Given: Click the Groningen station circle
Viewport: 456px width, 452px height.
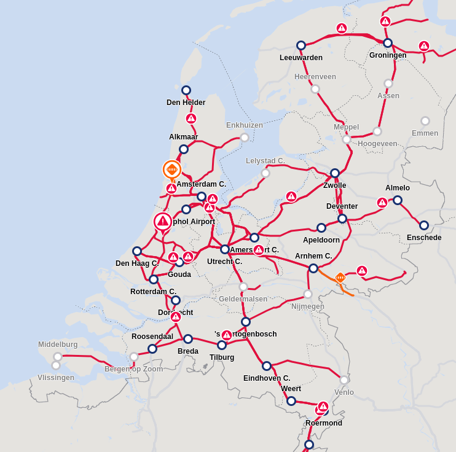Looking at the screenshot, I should (x=388, y=43).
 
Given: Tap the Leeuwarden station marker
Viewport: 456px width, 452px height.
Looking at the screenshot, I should (x=301, y=45).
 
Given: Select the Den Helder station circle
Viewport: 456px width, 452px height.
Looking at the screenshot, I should (x=186, y=90).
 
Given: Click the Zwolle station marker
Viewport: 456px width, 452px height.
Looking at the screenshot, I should (x=335, y=173).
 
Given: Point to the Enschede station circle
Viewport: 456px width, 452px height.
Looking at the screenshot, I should (x=424, y=225).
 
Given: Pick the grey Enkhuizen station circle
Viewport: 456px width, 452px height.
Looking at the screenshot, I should (x=245, y=138).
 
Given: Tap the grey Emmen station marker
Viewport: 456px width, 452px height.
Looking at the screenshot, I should (x=425, y=121).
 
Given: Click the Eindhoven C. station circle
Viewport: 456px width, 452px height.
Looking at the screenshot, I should (x=267, y=366).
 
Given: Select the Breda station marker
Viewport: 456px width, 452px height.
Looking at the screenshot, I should (x=188, y=339).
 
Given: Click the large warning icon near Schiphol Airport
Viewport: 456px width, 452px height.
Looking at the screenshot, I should (x=163, y=221).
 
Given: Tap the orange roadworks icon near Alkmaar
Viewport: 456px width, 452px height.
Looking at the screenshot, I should (x=172, y=169).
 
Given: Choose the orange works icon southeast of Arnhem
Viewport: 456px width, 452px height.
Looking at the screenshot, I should (x=340, y=278).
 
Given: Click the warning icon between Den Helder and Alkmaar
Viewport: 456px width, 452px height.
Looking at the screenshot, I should (x=191, y=119).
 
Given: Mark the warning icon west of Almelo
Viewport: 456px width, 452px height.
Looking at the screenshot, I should (x=382, y=203).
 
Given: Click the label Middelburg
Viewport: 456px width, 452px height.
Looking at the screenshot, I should (x=58, y=345).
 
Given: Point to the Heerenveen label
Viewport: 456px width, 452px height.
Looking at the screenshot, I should (x=315, y=77).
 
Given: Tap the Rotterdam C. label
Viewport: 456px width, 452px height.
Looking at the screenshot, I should (x=153, y=292).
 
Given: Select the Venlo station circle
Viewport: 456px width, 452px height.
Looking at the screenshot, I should (x=344, y=380).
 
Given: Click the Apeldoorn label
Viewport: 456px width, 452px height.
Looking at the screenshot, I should (x=321, y=240).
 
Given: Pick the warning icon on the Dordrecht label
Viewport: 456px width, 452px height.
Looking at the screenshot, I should (x=176, y=317).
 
